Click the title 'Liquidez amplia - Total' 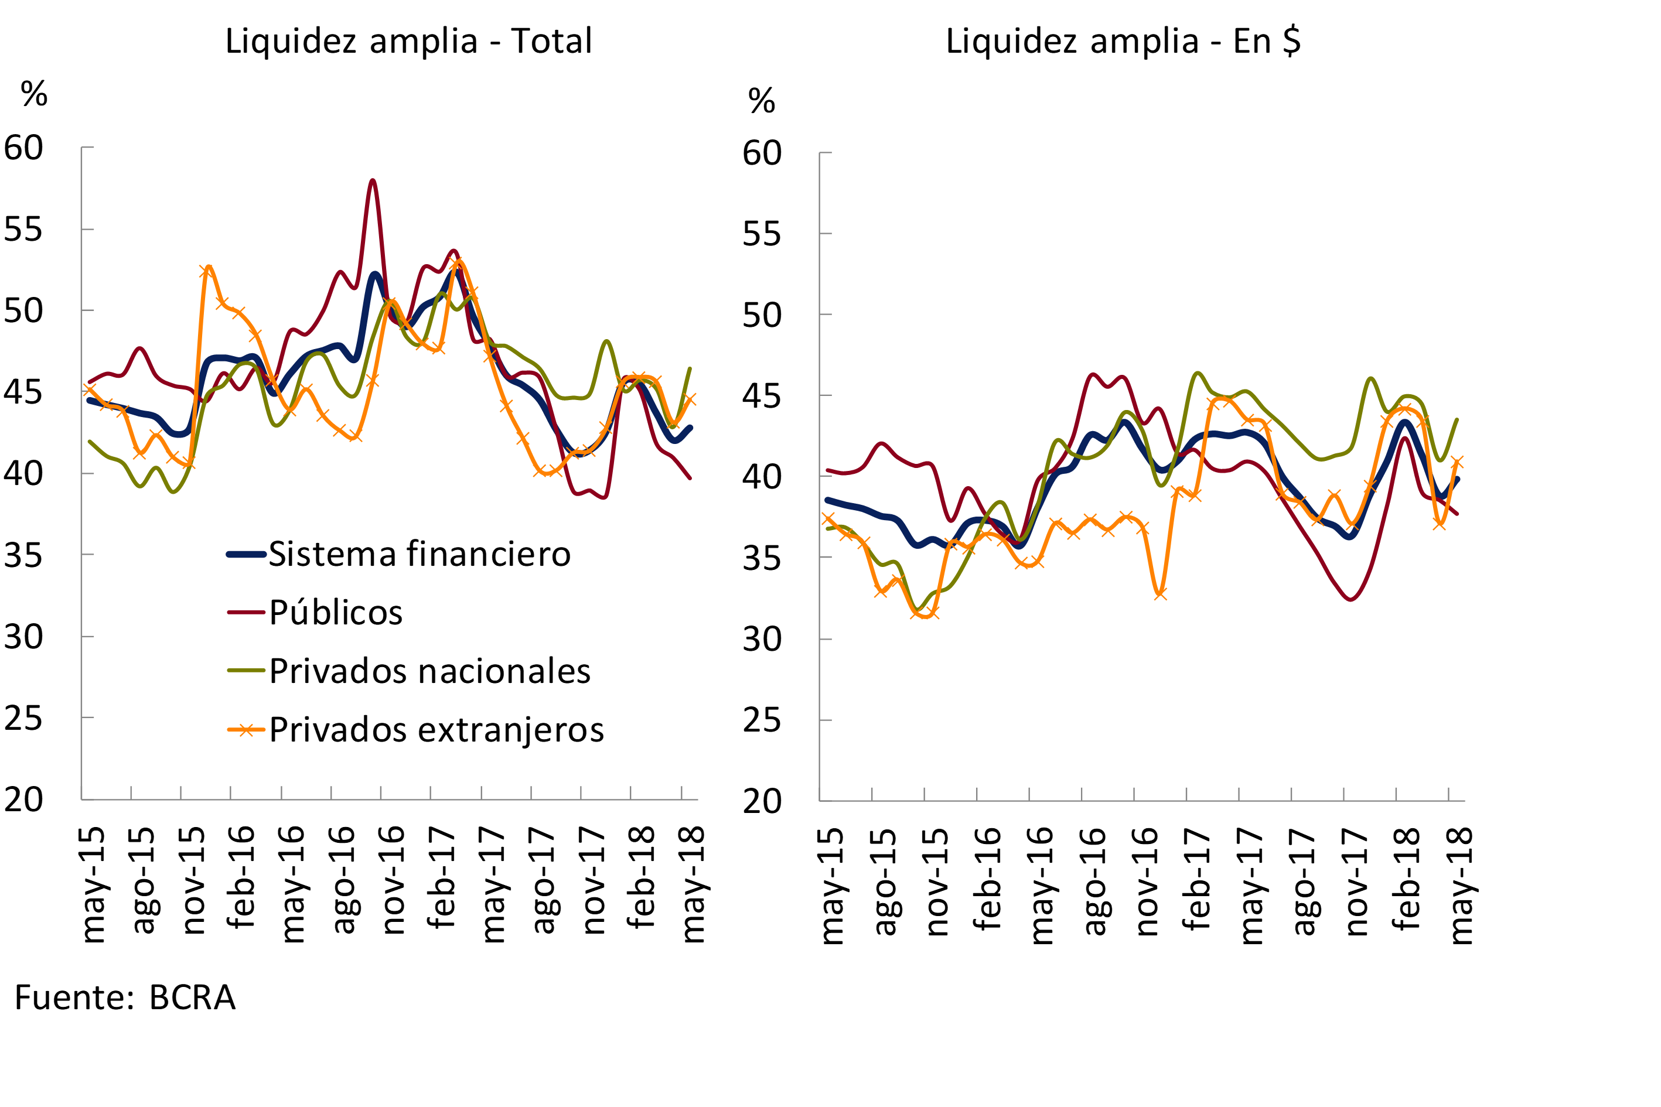click(x=408, y=41)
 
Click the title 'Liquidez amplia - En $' click(x=1123, y=41)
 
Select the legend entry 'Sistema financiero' click(x=419, y=554)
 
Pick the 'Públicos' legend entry click(x=336, y=613)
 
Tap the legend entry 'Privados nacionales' click(x=429, y=671)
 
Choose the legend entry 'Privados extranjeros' click(x=436, y=730)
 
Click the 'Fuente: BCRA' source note click(x=125, y=997)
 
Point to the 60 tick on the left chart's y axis click(x=23, y=148)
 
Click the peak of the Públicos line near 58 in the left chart click(x=372, y=181)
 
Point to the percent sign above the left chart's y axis click(x=34, y=93)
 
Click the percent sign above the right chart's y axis click(x=761, y=100)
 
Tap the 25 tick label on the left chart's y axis click(x=23, y=718)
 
